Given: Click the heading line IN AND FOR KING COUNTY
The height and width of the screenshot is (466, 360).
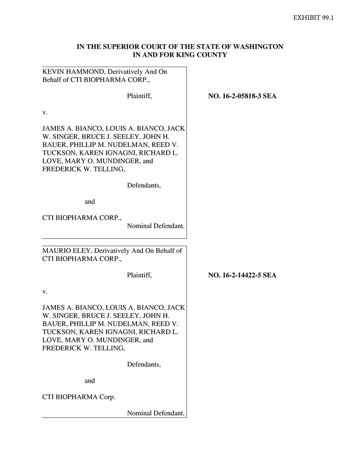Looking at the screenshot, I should click(x=180, y=55).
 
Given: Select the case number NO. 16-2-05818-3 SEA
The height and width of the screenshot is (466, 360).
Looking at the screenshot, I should click(x=242, y=96).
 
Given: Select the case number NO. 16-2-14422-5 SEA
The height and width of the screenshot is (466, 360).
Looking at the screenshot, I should click(x=242, y=275).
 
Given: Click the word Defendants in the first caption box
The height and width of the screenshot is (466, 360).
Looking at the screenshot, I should click(x=144, y=185).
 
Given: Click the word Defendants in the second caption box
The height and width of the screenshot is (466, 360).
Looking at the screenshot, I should click(x=144, y=364).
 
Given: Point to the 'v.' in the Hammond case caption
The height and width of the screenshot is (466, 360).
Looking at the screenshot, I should click(x=45, y=112).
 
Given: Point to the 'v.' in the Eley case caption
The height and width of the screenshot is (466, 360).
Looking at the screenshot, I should click(x=45, y=291).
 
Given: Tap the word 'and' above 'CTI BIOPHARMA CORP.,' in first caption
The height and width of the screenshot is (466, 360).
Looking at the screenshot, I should click(x=90, y=201).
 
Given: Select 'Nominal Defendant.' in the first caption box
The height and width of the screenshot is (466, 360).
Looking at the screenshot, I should click(x=155, y=225).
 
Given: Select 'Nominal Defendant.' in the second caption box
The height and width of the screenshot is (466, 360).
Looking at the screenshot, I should click(x=155, y=413).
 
